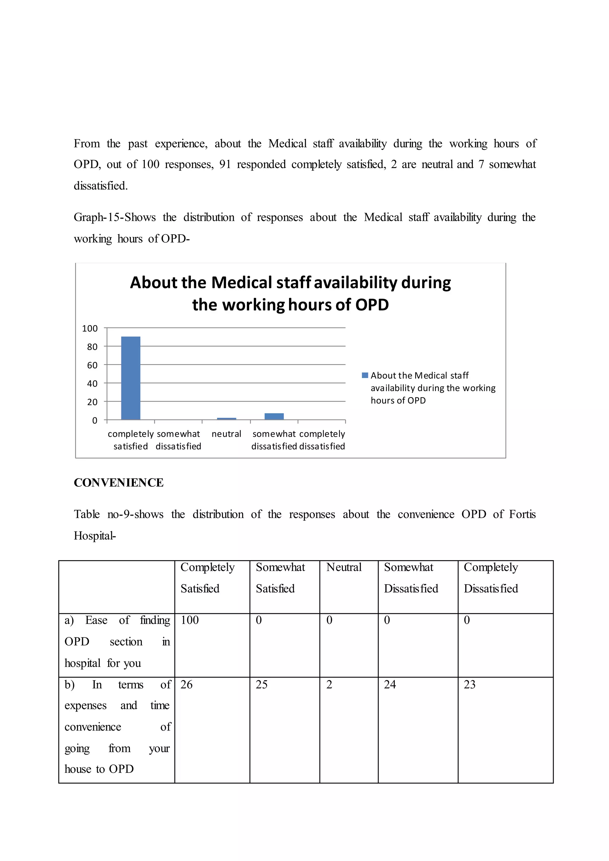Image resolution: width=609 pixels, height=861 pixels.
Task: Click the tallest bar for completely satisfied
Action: click(131, 378)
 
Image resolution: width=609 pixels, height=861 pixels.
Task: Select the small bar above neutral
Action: click(227, 419)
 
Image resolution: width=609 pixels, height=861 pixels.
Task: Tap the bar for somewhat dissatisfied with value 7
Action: click(274, 416)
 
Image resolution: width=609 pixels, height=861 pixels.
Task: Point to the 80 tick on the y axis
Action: click(92, 347)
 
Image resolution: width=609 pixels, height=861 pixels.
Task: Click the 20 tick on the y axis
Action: click(92, 402)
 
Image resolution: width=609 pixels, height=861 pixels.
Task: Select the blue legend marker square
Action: click(365, 375)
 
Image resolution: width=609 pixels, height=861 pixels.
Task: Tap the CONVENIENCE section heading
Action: click(119, 483)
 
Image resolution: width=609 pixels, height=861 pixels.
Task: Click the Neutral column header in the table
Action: click(343, 567)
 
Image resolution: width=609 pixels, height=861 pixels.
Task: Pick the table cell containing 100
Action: click(190, 620)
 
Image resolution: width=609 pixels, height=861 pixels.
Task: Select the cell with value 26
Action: click(186, 685)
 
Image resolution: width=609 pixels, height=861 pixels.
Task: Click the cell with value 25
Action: click(261, 685)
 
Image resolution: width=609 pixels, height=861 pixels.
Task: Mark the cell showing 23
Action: click(470, 685)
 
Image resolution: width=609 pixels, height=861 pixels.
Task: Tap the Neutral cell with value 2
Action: click(329, 685)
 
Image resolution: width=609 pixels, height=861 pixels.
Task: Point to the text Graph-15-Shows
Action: click(114, 218)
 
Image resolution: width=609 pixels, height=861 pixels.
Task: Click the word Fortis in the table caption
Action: click(522, 515)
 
